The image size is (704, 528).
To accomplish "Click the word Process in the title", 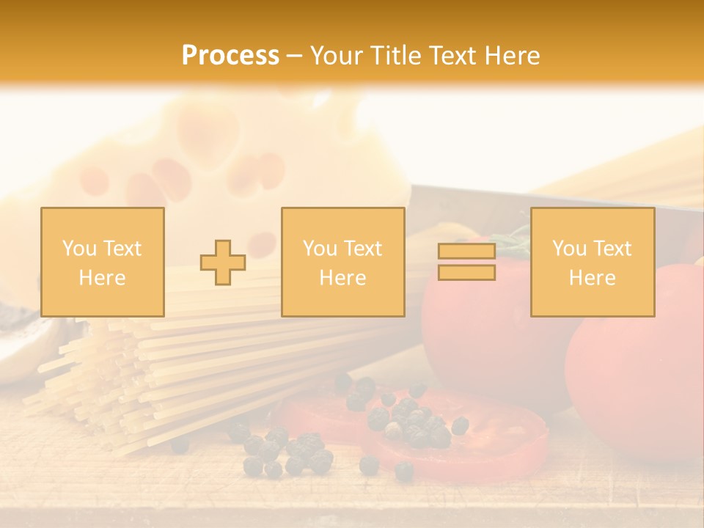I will (x=230, y=56).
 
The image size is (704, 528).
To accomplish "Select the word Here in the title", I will (x=509, y=56).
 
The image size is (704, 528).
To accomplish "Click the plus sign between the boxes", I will (x=223, y=263).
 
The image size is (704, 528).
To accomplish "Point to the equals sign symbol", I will (x=466, y=262).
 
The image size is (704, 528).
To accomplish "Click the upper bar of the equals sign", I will (x=466, y=252).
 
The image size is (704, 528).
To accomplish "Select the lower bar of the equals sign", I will (x=466, y=272).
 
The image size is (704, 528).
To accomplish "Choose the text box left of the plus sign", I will (x=103, y=263).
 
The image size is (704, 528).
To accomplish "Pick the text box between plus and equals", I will (x=342, y=263).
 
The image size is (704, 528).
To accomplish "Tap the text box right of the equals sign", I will (x=593, y=263).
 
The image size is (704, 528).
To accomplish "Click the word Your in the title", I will (x=337, y=56).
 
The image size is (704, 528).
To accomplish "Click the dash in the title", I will (x=294, y=56).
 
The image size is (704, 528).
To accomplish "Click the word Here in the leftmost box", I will (x=102, y=278).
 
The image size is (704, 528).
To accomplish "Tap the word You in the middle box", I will (x=320, y=249).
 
